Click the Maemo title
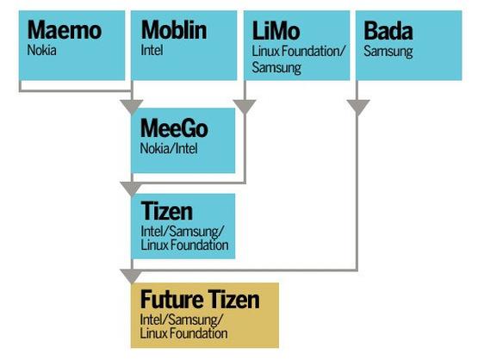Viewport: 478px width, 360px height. pos(65,30)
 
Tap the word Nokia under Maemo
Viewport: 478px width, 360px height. pos(41,50)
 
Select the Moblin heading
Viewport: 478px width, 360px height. pos(174,30)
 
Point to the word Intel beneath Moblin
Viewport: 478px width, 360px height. pos(152,50)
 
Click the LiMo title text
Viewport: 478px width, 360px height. pos(276,31)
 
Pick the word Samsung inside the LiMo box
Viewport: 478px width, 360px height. pos(276,68)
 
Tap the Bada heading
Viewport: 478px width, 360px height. pos(388,31)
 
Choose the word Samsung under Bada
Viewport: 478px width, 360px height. pos(388,52)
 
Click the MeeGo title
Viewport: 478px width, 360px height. pos(174,128)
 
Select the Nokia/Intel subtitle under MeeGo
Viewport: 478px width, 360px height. pos(169,149)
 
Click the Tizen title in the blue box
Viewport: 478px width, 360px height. pos(167,211)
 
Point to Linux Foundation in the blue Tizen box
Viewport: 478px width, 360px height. pos(184,245)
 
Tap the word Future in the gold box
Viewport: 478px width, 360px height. pos(172,300)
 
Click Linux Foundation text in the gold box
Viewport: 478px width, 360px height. pos(183,332)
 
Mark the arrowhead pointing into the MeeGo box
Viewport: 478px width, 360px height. pos(132,107)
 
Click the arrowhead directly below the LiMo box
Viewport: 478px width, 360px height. pos(245,107)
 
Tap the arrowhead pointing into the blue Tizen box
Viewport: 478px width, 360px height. pos(132,189)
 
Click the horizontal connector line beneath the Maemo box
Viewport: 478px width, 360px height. pos(75,90)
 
